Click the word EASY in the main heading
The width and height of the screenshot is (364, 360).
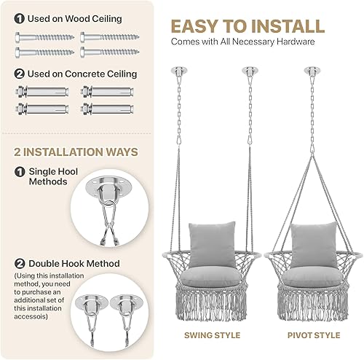tap(199, 26)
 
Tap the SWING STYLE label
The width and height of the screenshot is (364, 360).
tap(211, 334)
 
